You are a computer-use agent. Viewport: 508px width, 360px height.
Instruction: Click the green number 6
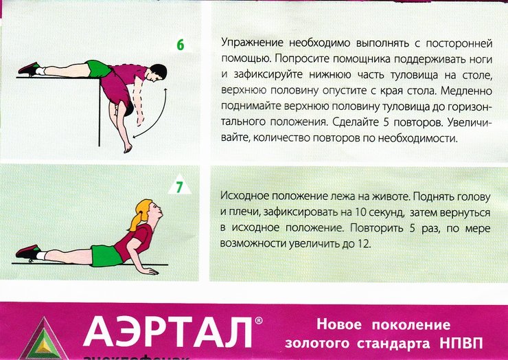(180, 45)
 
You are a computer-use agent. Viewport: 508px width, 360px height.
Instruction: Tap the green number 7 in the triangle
(179, 187)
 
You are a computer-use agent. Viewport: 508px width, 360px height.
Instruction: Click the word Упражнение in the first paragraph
(253, 43)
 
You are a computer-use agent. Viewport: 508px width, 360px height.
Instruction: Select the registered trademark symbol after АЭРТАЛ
(259, 321)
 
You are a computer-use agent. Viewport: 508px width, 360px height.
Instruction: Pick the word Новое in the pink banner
(339, 324)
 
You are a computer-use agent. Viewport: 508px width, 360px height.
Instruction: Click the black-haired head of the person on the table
(159, 72)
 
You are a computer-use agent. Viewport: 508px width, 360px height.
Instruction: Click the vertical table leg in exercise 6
(99, 112)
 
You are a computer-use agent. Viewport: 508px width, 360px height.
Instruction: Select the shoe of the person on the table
(29, 69)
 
